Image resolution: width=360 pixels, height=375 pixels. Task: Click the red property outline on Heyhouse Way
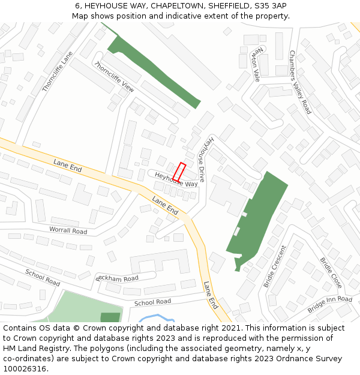(179, 172)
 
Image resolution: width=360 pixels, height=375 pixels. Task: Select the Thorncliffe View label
(114, 77)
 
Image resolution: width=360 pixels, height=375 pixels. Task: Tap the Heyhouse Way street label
(176, 179)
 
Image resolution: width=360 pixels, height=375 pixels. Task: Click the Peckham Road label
(117, 278)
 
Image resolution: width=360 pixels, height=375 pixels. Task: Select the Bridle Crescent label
(275, 266)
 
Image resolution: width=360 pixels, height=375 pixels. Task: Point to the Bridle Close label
(331, 272)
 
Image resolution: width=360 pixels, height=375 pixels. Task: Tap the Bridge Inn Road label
(329, 304)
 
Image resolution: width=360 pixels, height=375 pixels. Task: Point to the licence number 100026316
(25, 369)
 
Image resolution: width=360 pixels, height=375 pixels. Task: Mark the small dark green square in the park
(110, 317)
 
